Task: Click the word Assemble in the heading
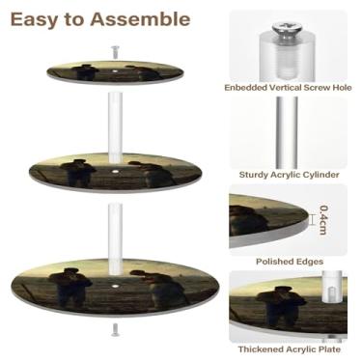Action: click(x=140, y=19)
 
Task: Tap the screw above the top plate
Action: click(x=115, y=52)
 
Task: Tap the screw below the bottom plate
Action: click(x=115, y=330)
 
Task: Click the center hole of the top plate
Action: click(x=115, y=70)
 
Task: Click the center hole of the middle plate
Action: click(x=115, y=171)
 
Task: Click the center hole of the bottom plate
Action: click(x=115, y=285)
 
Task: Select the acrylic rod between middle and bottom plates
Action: click(x=115, y=239)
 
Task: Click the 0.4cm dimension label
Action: click(x=322, y=220)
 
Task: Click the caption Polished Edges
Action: click(x=290, y=262)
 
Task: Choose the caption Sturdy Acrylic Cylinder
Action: click(x=289, y=175)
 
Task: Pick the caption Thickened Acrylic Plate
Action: click(x=290, y=349)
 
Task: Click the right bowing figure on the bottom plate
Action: click(x=157, y=287)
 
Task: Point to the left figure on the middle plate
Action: click(x=78, y=173)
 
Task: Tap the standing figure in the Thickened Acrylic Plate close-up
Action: click(x=281, y=305)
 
